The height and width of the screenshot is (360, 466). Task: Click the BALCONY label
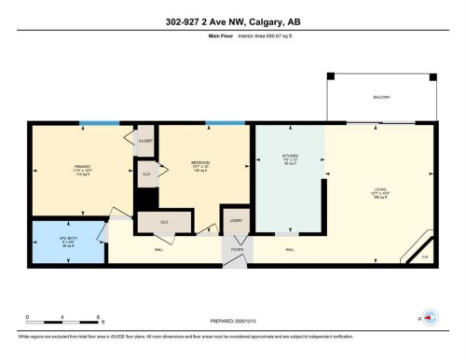(382, 97)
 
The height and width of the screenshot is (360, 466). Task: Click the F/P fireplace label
(425, 256)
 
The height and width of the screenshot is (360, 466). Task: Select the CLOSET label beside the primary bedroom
(145, 140)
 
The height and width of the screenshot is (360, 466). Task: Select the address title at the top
(232, 21)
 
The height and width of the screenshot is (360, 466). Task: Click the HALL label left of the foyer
(159, 249)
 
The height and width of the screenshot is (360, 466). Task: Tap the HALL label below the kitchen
(290, 249)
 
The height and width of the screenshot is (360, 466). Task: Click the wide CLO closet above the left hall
(164, 222)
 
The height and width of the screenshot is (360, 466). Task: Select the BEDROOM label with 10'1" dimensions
(199, 166)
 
